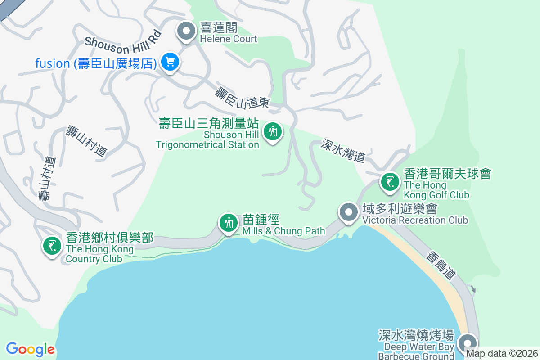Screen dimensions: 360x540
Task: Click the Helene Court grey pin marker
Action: point(185,31)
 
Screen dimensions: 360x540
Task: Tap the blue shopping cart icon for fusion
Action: point(170,62)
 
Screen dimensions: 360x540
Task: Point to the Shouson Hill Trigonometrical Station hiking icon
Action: point(272,132)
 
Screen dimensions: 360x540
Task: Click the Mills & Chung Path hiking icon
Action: point(229,223)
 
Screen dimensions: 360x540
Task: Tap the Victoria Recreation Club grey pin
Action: point(348,211)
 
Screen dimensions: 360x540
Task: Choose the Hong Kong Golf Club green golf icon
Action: point(390,182)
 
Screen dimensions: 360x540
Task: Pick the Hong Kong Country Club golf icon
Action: point(52,246)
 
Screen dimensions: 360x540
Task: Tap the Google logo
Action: point(30,349)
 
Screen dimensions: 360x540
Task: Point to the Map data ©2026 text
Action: point(502,354)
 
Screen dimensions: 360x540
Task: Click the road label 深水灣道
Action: point(343,151)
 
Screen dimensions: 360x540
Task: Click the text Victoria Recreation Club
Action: point(415,220)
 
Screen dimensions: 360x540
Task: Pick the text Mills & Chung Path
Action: point(283,231)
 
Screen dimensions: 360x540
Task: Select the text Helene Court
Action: point(229,39)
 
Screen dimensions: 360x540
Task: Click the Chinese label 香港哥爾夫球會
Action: point(447,174)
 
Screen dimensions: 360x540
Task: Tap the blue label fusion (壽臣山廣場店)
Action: point(96,63)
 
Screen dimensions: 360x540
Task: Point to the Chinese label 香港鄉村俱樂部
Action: point(110,238)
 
